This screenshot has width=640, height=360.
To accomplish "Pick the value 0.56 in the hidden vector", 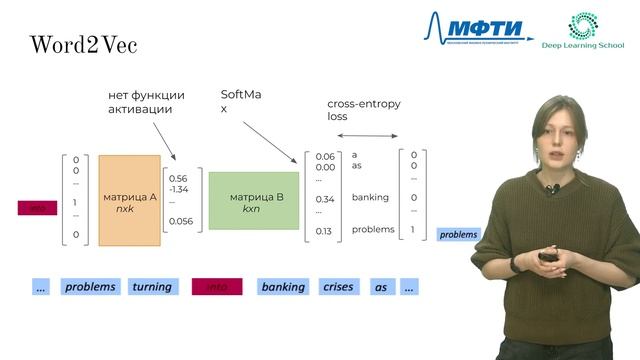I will coord(180,178).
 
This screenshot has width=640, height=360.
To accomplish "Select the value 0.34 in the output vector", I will coord(324,198).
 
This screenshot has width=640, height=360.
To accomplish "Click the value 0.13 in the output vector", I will coord(323,231).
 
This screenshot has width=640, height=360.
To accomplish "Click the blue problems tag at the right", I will coord(459,235).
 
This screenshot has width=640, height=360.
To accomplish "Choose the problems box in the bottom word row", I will coord(91,287).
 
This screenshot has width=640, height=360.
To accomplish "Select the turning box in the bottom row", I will coord(152,287).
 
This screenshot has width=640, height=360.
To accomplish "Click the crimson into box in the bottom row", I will coord(217,287).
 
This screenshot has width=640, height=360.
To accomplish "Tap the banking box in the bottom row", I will coord(283,287).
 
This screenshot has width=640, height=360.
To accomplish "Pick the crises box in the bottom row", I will coord(338,287).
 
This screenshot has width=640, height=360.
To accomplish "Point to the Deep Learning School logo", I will coord(583,33).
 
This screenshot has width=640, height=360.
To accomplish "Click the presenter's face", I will coord(556,134).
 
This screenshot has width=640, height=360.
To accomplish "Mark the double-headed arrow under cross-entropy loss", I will coord(366,136).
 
